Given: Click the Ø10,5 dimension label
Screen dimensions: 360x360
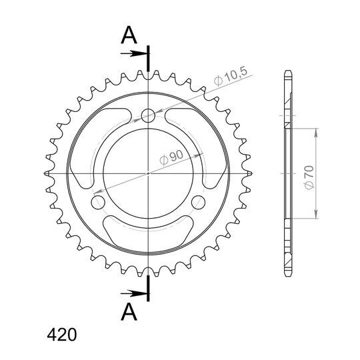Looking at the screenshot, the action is (x=231, y=76).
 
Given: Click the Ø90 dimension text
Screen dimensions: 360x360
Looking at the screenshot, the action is (x=171, y=157).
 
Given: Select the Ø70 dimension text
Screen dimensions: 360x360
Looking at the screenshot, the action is (x=309, y=177).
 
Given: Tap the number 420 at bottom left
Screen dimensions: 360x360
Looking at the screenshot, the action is (x=61, y=335).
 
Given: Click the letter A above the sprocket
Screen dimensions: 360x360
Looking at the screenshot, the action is (x=129, y=35).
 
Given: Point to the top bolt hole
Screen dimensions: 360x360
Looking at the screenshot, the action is (x=148, y=115).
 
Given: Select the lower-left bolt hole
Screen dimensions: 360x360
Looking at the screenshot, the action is (x=98, y=203).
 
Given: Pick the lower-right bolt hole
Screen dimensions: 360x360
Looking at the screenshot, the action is (x=198, y=203).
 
